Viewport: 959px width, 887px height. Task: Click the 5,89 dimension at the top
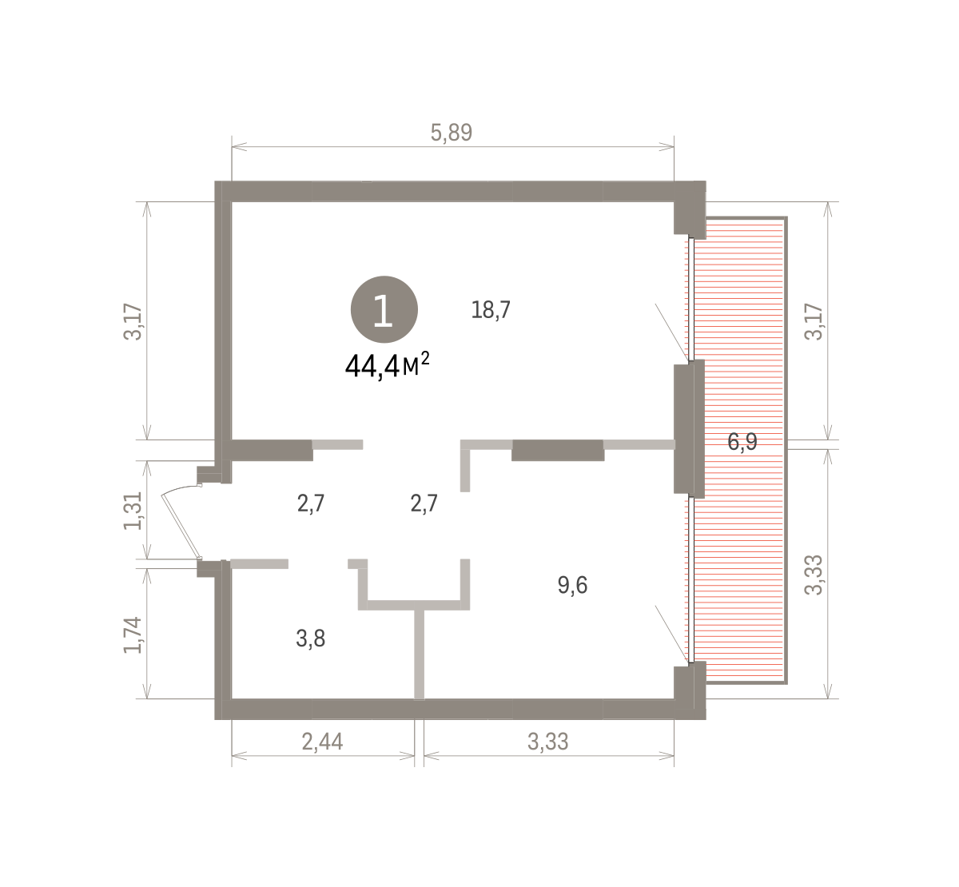coord(451,133)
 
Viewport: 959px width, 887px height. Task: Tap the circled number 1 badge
coord(384,309)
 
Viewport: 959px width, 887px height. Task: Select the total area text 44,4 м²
coord(387,365)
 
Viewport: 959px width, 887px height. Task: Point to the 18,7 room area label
coord(491,309)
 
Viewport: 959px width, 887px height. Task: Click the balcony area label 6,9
coord(742,442)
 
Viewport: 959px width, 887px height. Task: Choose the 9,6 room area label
coord(572,585)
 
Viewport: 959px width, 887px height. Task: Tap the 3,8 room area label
coord(311,638)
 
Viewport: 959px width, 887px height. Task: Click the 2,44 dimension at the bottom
coord(322,742)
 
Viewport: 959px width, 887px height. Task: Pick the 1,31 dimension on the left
coord(133,511)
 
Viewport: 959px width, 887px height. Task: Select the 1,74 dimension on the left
coord(133,635)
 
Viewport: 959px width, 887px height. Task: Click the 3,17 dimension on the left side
coord(133,322)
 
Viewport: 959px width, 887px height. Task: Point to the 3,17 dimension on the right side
coord(814,322)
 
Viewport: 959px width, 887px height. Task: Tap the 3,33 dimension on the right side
coord(814,575)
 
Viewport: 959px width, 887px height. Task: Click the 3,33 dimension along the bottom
coord(547,742)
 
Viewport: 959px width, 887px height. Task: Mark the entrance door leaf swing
coord(180,524)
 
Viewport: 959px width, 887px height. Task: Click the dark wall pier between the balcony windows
coord(689,429)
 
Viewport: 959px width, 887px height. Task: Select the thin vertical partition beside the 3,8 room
coord(419,654)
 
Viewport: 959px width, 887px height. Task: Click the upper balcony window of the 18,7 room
coord(691,300)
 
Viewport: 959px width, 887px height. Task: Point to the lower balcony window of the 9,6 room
coord(691,580)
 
